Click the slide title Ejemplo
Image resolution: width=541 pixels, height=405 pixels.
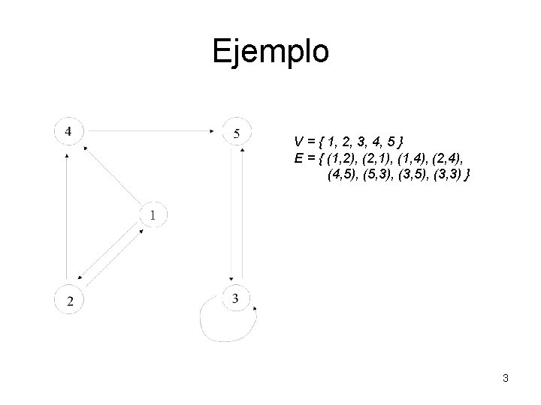270,51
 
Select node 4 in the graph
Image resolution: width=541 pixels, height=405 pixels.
68,131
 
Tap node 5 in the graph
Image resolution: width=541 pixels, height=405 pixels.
237,133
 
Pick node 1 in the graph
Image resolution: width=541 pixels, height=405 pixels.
153,215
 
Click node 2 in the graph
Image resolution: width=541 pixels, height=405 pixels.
69,300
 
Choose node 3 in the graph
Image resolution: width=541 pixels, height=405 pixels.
236,298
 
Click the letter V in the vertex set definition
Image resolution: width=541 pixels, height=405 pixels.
299,142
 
